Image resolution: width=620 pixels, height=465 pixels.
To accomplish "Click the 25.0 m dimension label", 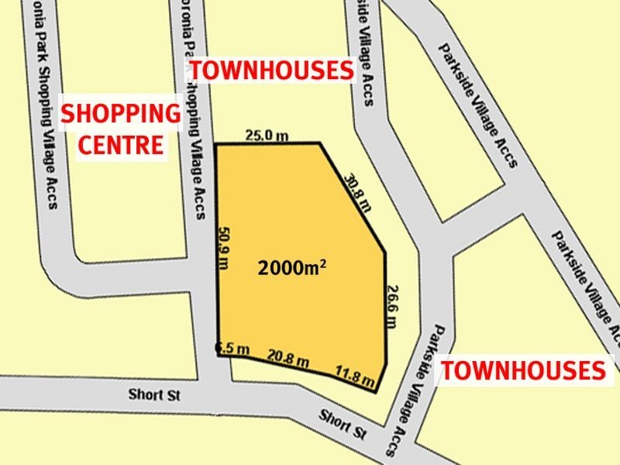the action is [x=267, y=136].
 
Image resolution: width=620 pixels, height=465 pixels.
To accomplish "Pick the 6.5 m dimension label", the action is [x=234, y=350].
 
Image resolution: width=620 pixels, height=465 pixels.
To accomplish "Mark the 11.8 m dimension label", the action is [x=356, y=375].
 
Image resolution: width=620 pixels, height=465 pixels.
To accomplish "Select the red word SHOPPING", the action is [x=120, y=115].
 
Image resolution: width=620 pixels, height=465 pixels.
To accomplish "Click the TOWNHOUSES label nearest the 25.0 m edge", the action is [x=272, y=71].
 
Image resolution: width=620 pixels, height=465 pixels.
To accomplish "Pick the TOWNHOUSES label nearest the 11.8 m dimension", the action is [x=523, y=370].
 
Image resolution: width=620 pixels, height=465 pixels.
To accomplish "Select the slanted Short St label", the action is [x=342, y=423].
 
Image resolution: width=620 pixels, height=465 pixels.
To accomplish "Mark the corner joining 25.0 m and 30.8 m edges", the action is [x=320, y=143].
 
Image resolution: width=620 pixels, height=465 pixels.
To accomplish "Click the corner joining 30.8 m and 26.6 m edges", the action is [x=385, y=252].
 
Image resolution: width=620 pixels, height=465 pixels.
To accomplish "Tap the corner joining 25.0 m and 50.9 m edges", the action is [x=215, y=144].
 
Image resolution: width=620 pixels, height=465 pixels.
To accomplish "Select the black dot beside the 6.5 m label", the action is [x=219, y=349].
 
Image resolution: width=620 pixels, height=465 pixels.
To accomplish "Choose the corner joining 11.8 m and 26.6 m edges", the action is [x=379, y=391].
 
